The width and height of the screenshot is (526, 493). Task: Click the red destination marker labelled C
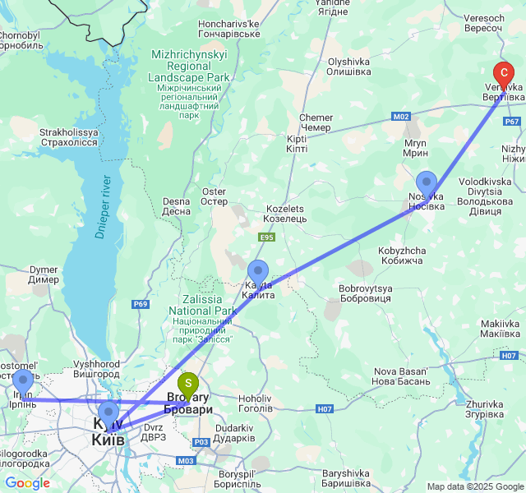click(503, 76)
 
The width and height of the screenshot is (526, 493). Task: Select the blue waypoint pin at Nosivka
click(426, 184)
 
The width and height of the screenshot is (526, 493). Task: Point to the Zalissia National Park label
click(202, 320)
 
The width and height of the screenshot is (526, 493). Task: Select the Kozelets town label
click(284, 214)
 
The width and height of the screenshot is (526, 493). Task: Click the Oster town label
click(214, 196)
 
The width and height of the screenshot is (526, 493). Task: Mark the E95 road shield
click(266, 237)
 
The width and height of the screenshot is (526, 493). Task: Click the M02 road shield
click(401, 117)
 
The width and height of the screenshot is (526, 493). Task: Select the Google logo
click(27, 483)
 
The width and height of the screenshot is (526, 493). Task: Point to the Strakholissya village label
click(69, 137)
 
